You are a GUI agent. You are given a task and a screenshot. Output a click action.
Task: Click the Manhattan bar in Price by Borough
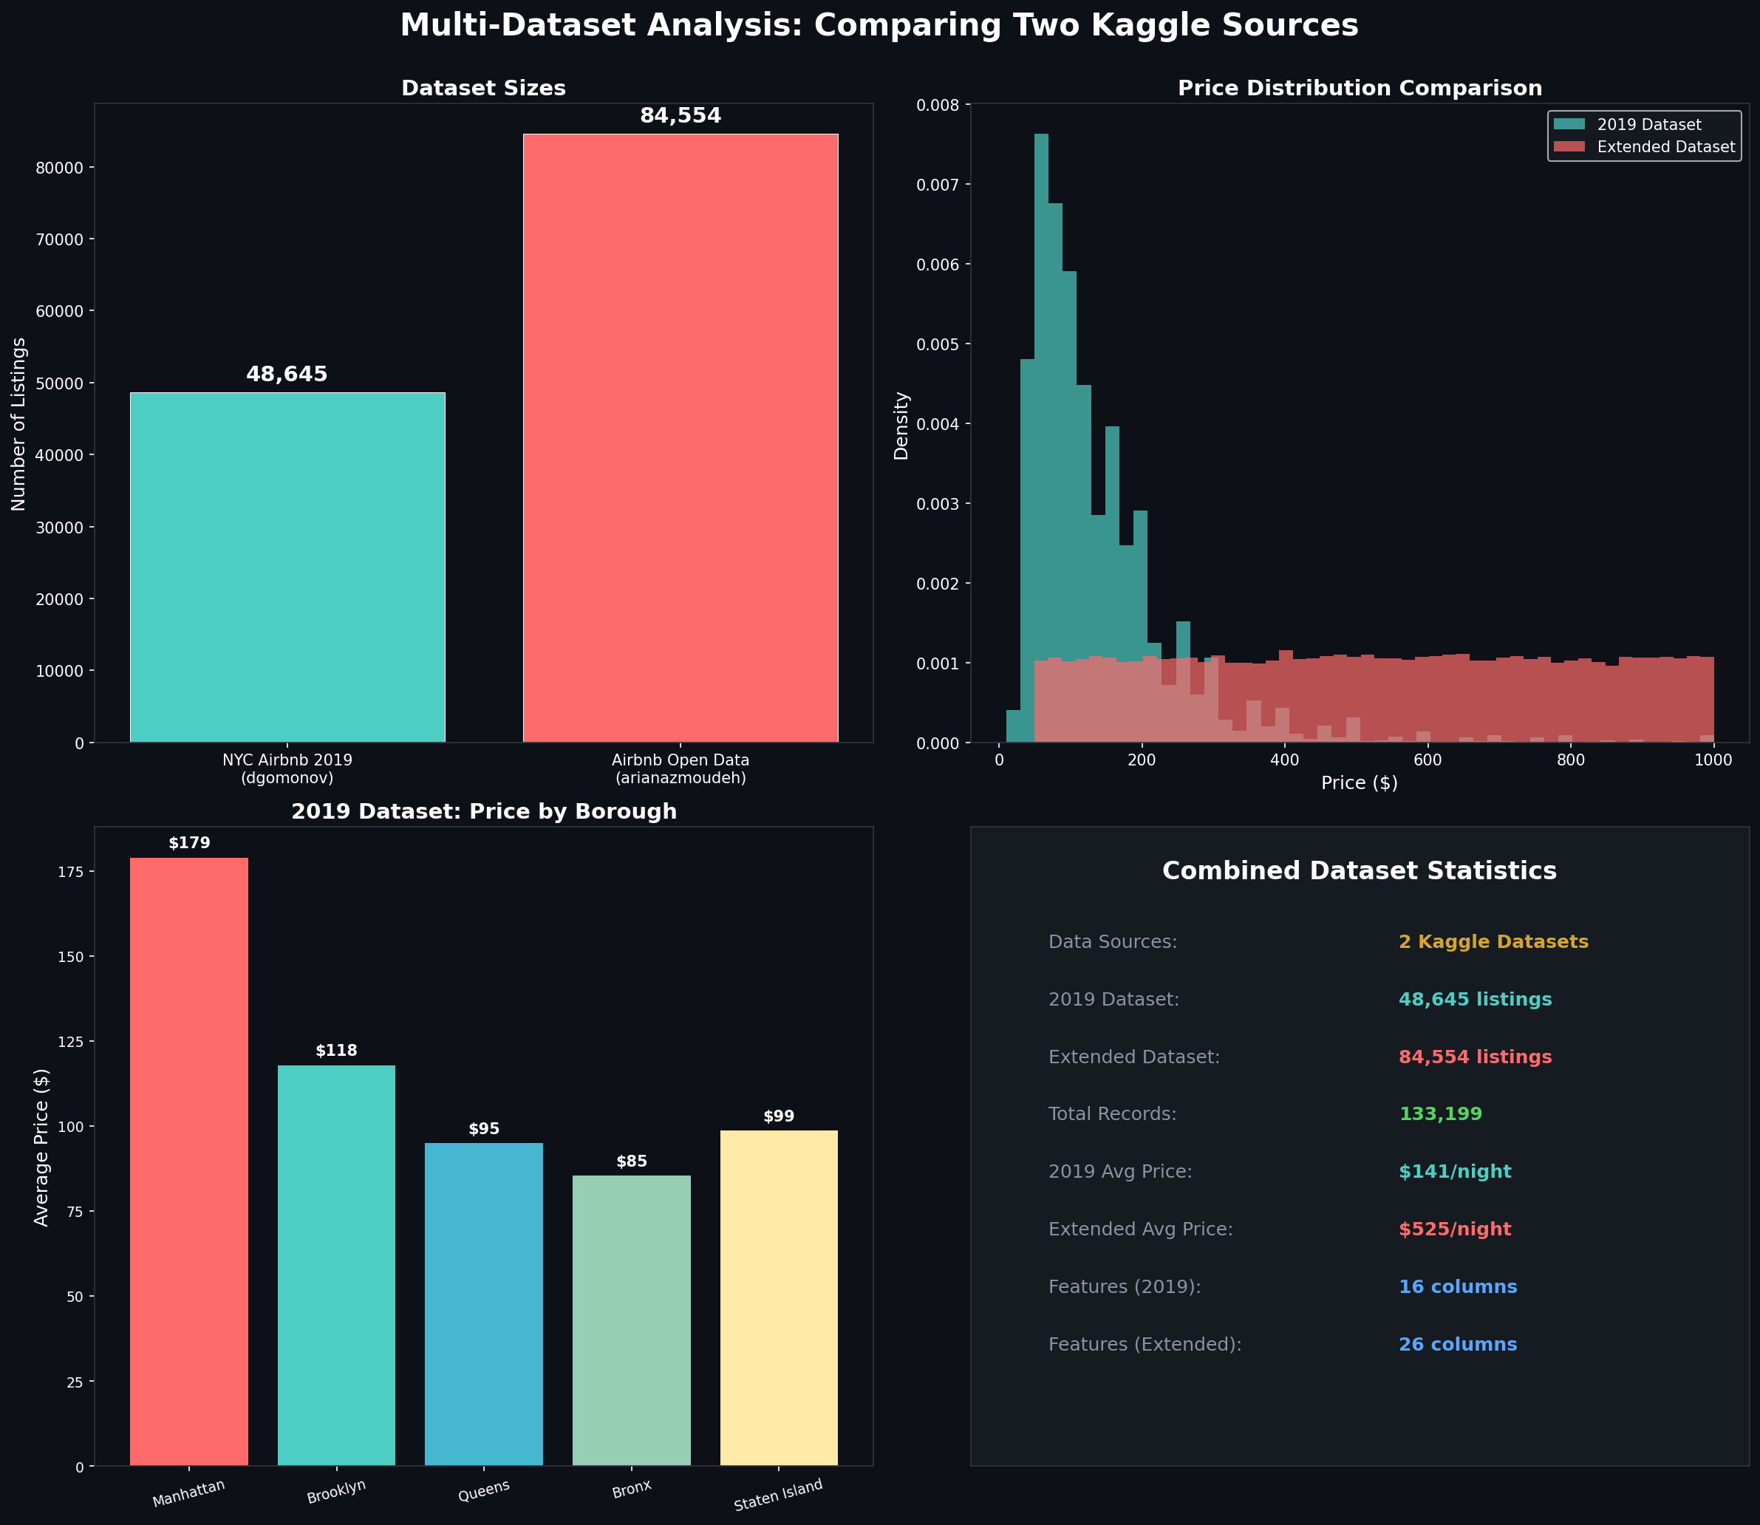189,1161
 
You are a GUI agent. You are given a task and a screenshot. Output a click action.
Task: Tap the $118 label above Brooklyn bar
336,1051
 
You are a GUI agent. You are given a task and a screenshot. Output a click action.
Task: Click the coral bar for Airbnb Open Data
680,438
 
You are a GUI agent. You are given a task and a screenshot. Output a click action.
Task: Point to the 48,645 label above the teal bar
287,375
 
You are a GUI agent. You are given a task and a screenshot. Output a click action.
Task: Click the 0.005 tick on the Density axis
936,344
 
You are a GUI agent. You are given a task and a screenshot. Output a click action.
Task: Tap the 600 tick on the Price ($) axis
1428,760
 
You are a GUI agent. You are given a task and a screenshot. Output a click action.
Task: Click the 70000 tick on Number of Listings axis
60,239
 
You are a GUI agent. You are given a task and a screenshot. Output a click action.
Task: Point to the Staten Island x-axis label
778,1495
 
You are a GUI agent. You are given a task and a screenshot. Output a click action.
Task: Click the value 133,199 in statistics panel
1440,1114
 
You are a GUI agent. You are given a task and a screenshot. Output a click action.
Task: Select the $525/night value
1454,1229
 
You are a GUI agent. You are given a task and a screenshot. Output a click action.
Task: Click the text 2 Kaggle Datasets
1493,942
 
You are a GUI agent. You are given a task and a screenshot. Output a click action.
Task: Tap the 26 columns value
1457,1345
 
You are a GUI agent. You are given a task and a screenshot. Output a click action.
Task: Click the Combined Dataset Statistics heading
1359,870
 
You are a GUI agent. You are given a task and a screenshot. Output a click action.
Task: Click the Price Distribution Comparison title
1359,89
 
